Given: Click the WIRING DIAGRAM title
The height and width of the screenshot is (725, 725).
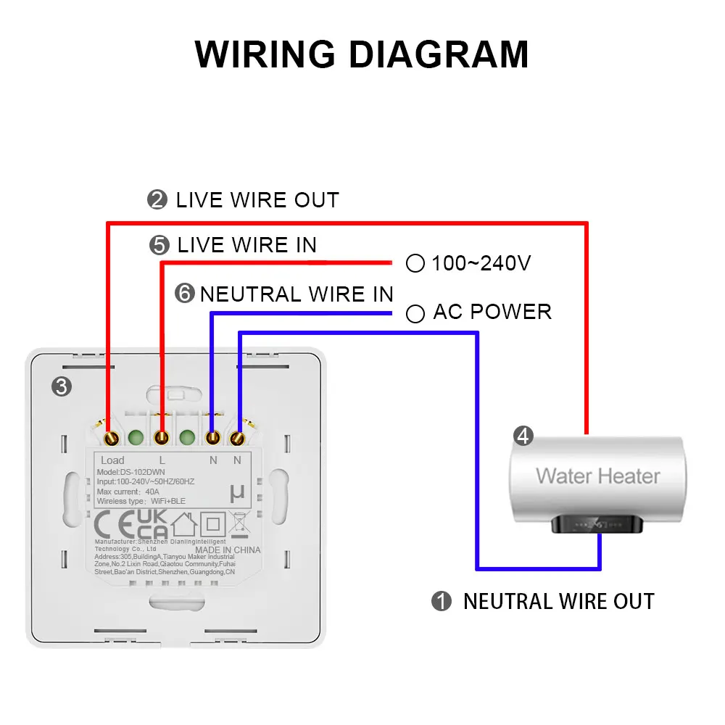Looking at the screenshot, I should point(362,54).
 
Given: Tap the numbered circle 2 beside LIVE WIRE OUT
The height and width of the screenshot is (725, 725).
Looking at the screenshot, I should point(157,200).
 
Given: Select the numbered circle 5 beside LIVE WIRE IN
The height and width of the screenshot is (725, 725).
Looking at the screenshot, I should point(159,245).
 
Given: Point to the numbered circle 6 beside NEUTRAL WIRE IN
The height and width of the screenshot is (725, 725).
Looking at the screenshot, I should point(186,294).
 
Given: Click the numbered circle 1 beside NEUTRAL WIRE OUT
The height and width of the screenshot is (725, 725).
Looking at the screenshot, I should point(441,602).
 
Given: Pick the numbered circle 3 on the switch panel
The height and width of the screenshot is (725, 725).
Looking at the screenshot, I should point(62,387).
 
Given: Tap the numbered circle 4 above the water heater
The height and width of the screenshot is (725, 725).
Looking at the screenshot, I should point(523,436).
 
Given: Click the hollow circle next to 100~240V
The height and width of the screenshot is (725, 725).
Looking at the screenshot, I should point(415,263).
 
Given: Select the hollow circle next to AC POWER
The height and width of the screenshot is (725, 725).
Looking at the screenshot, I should point(415,313).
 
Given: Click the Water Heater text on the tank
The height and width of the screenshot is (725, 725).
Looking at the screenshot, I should point(598,476).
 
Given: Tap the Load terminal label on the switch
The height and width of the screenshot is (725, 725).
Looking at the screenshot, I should point(112,460).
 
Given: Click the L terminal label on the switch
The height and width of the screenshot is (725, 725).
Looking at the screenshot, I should point(162,460).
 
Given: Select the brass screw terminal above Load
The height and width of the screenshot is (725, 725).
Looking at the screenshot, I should point(112,438).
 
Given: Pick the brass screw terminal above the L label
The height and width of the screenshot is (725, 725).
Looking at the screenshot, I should point(162,438).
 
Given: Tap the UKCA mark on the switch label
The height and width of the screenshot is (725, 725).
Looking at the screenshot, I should point(152,524).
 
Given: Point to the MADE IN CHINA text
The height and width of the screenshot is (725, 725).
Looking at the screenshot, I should point(227,550).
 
